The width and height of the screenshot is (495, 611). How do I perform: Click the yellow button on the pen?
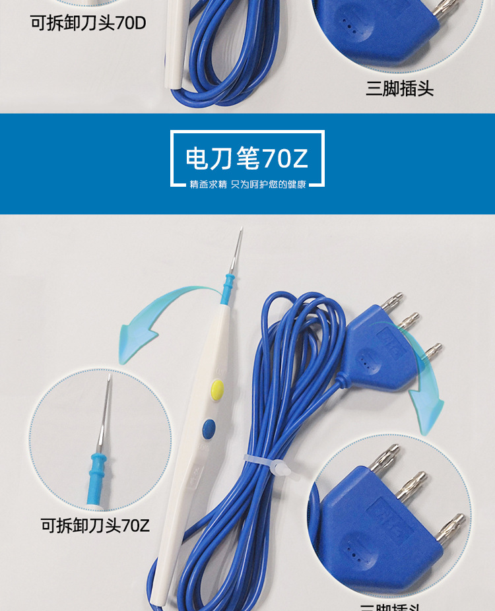216,389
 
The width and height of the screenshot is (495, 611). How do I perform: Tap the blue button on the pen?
209,428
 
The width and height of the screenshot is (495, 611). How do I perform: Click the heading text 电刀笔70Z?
247,159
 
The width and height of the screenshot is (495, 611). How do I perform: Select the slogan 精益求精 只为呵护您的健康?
247,185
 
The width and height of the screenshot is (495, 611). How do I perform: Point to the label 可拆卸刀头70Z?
96,526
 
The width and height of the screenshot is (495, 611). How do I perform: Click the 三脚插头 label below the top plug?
399,89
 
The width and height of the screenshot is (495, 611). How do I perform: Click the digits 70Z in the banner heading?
285,159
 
